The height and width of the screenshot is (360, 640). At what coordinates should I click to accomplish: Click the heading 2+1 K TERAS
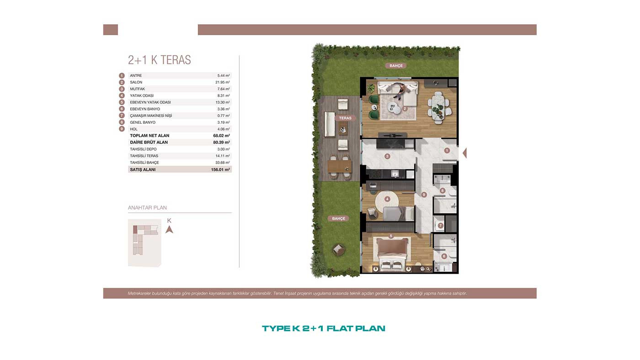pos(159,60)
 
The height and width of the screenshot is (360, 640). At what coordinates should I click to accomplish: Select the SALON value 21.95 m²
pos(223,82)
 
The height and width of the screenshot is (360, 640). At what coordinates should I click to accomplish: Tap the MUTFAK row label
pos(137,89)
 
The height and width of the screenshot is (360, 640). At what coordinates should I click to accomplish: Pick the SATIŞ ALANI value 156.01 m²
pos(220,169)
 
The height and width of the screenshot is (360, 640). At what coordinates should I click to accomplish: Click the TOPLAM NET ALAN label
pos(149,136)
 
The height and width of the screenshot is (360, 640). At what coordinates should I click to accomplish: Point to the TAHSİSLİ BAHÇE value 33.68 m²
pos(223,163)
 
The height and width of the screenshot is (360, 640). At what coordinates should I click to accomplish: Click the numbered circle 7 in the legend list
pos(122,116)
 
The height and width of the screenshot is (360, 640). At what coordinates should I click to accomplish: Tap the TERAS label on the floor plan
pos(345,118)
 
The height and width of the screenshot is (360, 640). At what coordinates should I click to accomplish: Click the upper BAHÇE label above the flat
pos(396,66)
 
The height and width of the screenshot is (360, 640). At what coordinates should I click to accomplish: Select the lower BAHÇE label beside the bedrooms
pos(339,218)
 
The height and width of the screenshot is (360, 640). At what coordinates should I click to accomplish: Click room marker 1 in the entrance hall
pos(447,150)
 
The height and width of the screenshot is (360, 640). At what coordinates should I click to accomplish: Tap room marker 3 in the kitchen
pos(387,156)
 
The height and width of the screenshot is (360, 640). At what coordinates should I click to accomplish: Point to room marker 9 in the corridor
pos(424,195)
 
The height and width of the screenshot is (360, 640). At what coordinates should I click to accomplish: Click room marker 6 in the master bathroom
pos(444,256)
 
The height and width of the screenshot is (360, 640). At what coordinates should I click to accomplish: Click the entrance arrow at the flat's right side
pos(464,153)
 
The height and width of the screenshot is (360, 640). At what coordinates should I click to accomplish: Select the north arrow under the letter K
pos(169,229)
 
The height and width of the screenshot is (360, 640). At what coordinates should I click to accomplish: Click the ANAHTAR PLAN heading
pos(147,207)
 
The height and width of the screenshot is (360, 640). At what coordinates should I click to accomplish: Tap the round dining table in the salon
pos(438,107)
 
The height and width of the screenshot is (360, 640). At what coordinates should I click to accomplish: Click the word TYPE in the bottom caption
pos(276,328)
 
